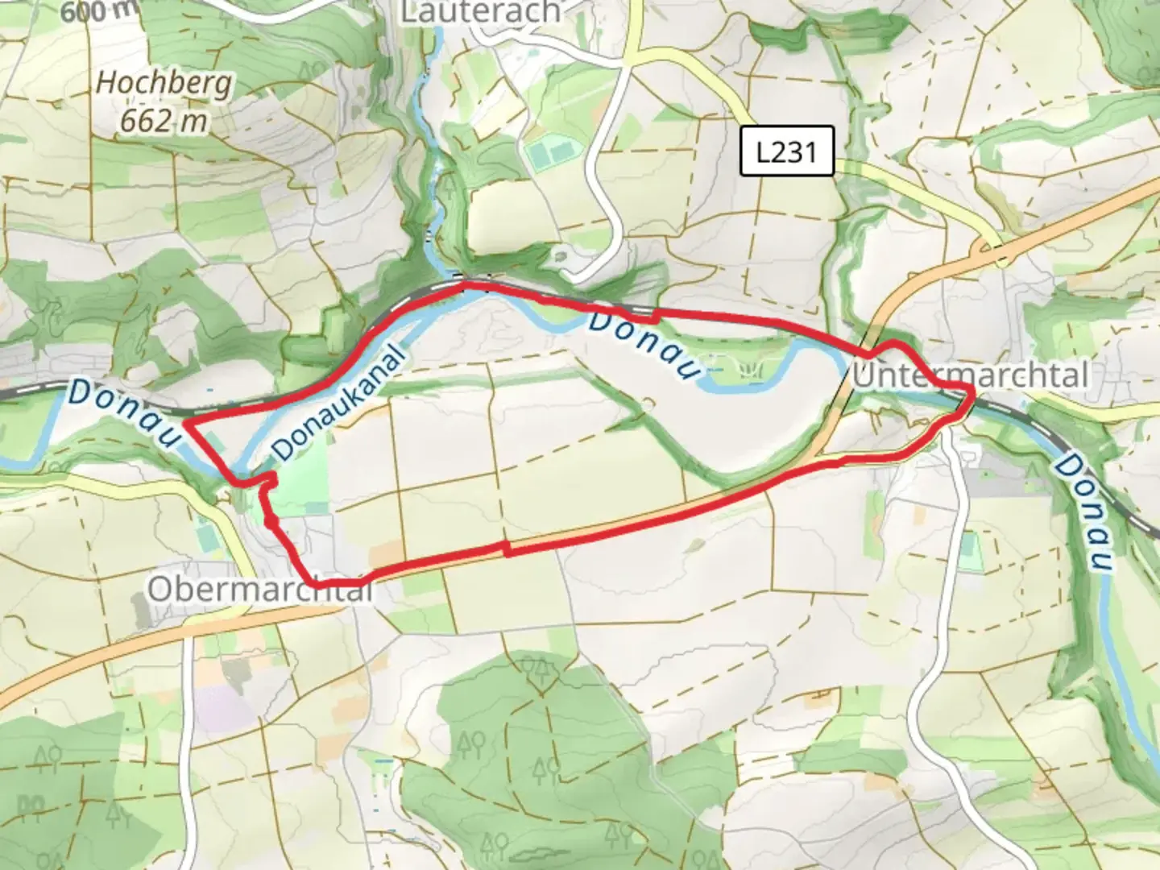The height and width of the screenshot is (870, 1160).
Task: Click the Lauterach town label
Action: (480, 11)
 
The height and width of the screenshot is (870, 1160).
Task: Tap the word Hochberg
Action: (164, 84)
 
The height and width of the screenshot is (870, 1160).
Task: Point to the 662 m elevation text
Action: (164, 121)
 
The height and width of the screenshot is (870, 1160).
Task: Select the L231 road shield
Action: (786, 151)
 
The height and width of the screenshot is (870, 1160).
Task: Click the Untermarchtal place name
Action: (971, 375)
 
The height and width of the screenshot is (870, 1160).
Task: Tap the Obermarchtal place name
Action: (260, 590)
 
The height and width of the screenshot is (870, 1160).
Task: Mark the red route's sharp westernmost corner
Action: (185, 422)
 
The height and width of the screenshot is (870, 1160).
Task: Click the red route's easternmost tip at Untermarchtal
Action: (973, 391)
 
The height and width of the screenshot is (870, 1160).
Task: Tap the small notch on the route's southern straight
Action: (506, 548)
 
